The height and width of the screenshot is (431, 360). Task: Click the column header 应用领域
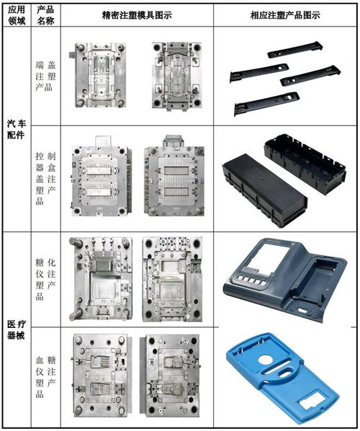click(x=17, y=15)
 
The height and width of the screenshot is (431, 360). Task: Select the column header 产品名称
click(x=45, y=15)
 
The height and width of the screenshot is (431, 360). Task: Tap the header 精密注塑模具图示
click(x=137, y=15)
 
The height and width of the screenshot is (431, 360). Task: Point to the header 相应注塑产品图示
click(x=285, y=15)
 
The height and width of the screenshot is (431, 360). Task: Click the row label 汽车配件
click(x=17, y=129)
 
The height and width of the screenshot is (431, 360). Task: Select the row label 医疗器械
click(x=17, y=329)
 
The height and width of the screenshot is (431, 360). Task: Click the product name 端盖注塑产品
click(x=45, y=76)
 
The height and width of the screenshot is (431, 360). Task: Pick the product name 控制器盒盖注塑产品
click(x=45, y=179)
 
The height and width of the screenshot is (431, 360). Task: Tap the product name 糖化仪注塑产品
click(x=45, y=280)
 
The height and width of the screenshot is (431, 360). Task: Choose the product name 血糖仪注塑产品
click(x=45, y=376)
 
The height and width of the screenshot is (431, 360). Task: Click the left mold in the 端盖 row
click(x=97, y=75)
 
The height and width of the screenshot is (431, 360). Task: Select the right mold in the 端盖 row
click(x=177, y=76)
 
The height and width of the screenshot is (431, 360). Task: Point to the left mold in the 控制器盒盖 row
click(x=101, y=176)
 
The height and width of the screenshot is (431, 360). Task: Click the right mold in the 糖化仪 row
click(x=173, y=279)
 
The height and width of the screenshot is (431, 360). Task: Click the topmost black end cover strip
click(x=294, y=50)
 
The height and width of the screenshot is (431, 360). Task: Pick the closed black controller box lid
click(x=264, y=190)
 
